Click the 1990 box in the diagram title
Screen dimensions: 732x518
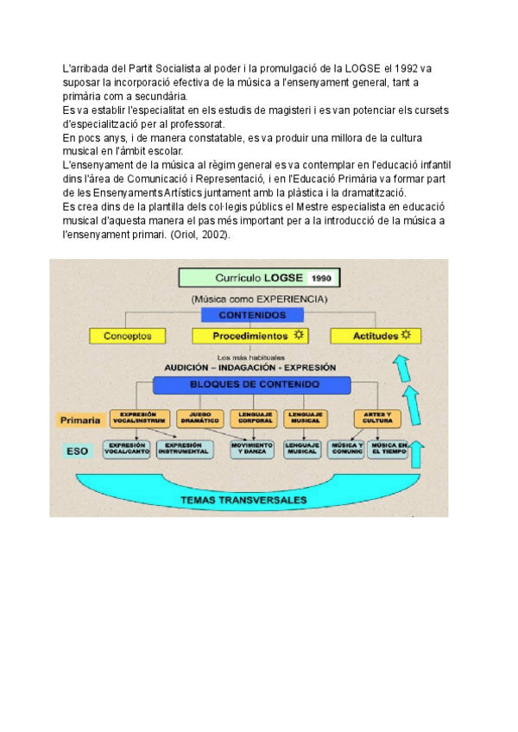[x=321, y=278]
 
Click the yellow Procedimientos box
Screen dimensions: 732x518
[x=250, y=336]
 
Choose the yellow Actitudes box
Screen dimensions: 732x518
[x=376, y=336]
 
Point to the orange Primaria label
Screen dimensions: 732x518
[x=81, y=420]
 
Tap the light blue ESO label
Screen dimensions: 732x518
[x=77, y=451]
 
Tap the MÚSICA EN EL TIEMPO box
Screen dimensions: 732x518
[x=388, y=449]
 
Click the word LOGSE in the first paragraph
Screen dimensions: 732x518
[x=363, y=68]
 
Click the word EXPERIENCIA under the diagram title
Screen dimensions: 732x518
[x=289, y=299]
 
